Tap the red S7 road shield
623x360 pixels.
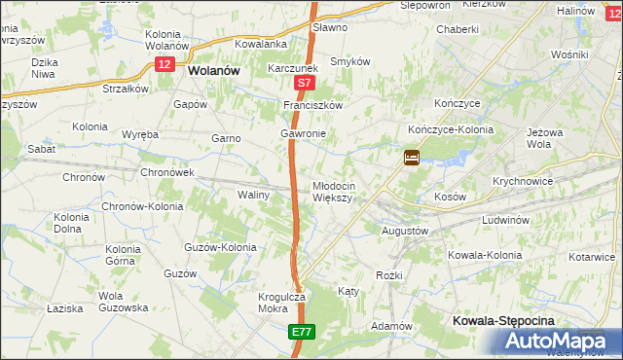point(305,85)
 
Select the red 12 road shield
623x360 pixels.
point(164,63)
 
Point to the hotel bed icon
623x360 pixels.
point(412,156)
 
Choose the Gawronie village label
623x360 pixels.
point(302,133)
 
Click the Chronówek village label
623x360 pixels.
point(167,172)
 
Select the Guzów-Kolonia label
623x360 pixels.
point(220,247)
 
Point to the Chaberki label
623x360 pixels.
point(458,29)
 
